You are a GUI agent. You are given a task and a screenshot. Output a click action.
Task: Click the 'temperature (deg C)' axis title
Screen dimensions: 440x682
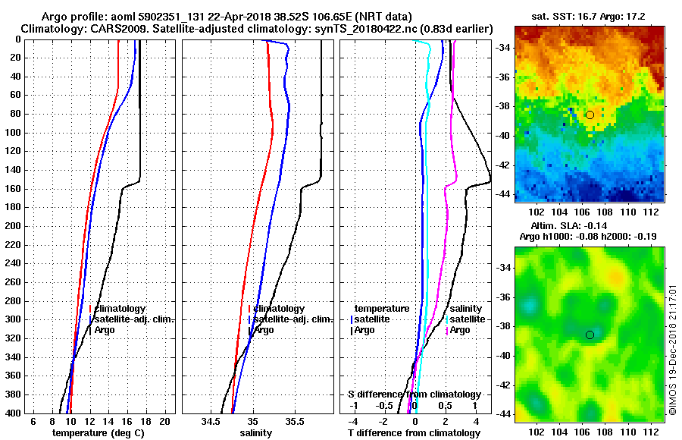98,433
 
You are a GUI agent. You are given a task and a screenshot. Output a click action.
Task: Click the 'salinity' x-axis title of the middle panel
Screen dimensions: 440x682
255,433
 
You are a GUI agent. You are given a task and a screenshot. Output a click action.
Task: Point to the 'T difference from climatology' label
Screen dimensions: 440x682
413,433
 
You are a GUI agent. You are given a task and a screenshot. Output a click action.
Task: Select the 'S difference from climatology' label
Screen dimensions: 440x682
414,394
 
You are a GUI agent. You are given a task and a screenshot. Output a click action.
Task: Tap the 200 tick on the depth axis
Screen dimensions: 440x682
14,226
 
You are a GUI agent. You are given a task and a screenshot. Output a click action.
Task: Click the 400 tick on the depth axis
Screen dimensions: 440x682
14,413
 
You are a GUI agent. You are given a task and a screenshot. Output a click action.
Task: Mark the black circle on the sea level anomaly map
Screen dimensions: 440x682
590,335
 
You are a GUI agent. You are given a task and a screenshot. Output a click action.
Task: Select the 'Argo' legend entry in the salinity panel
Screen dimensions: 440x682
264,330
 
